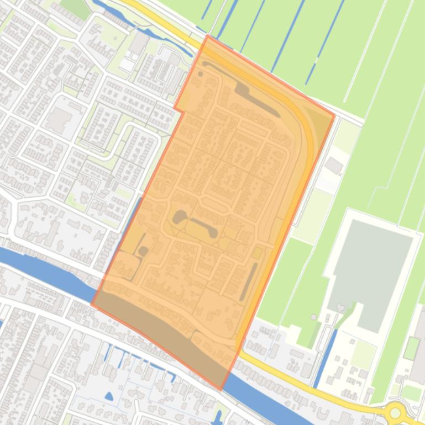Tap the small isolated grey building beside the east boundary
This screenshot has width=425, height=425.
(x=334, y=165)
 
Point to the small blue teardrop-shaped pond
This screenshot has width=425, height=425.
(x=109, y=396)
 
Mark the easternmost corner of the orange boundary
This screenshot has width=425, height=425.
(x=334, y=115)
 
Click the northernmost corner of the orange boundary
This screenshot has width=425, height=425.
(x=207, y=36)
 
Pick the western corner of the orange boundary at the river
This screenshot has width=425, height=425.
(x=92, y=304)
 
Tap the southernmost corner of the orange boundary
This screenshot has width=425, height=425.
(x=221, y=390)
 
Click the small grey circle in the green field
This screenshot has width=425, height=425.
(x=314, y=317)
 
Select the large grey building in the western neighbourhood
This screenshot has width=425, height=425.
(x=59, y=119)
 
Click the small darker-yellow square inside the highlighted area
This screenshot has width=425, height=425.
(x=258, y=253)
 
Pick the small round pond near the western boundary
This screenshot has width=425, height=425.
(x=143, y=252)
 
